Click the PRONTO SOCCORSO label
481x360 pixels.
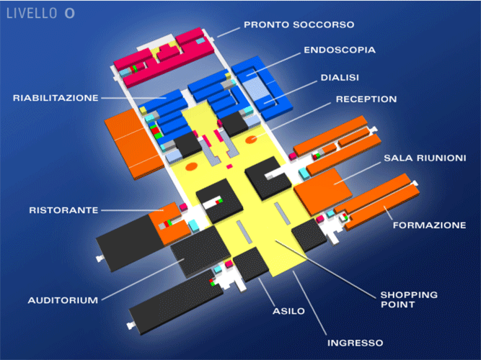pyautogui.click(x=299, y=24)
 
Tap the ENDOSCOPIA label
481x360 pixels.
pyautogui.click(x=339, y=51)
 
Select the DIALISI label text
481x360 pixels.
pyautogui.click(x=340, y=76)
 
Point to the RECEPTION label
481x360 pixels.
pyautogui.click(x=366, y=99)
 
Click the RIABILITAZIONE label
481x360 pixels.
pyautogui.click(x=56, y=97)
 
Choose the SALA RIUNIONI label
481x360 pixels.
pyautogui.click(x=425, y=157)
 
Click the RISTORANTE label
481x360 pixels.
pyautogui.click(x=63, y=210)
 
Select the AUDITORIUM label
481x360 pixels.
pyautogui.click(x=63, y=300)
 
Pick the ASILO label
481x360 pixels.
pyautogui.click(x=288, y=311)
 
